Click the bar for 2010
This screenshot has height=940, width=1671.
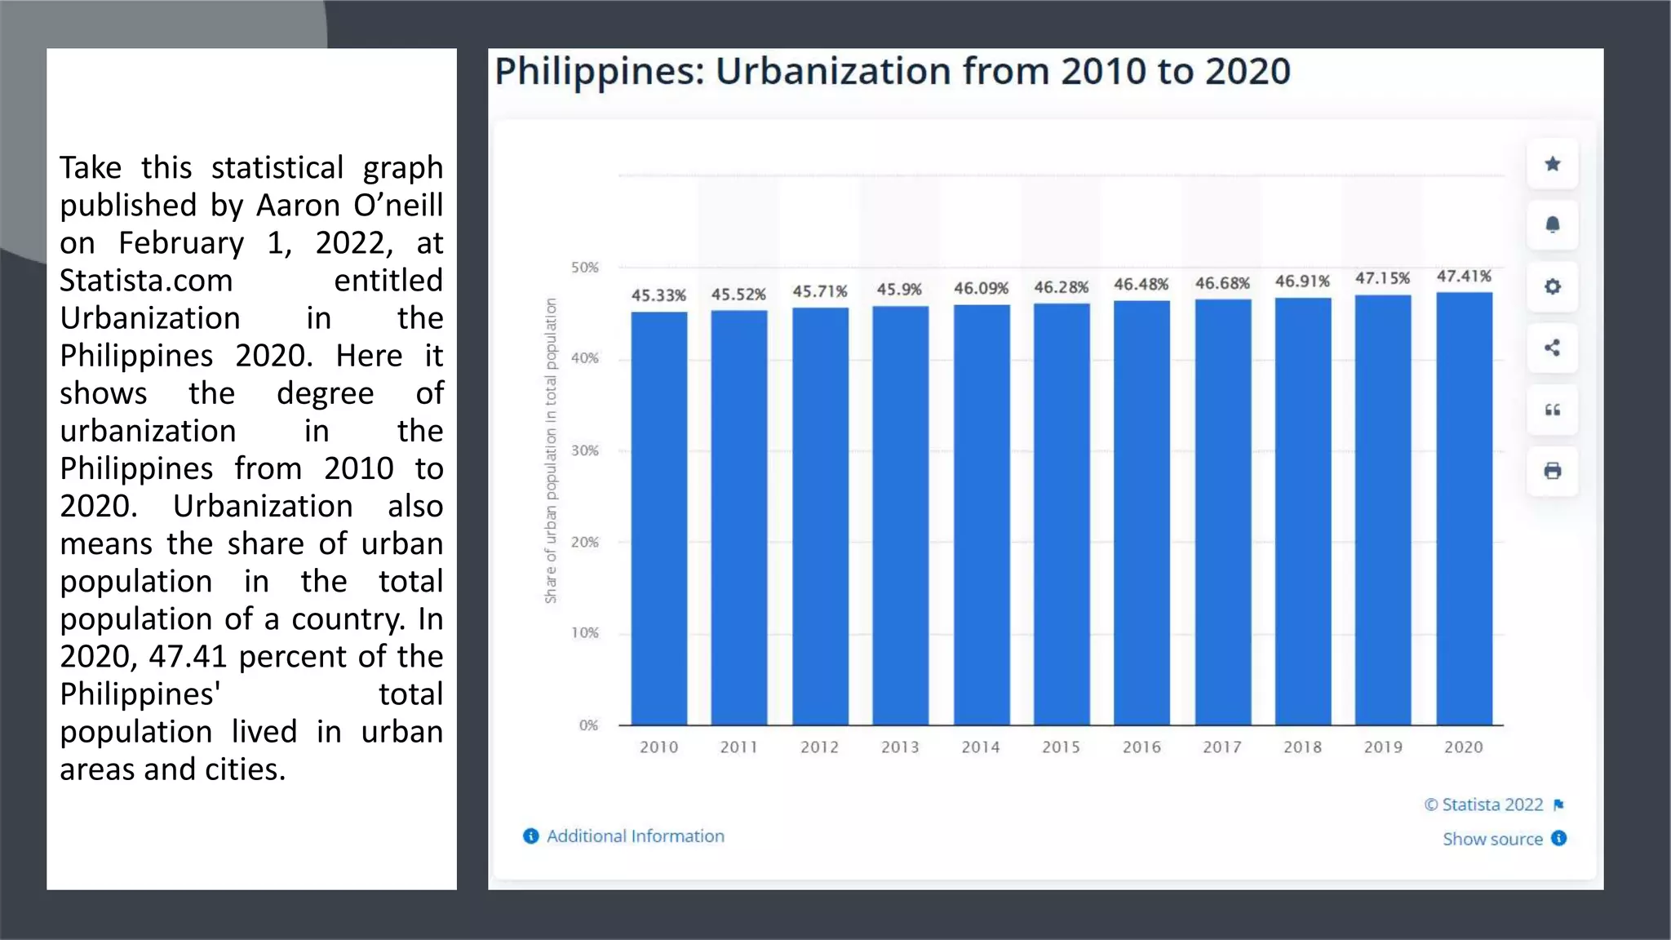658,518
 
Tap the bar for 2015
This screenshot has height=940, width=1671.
1061,514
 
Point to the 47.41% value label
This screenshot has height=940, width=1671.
1464,277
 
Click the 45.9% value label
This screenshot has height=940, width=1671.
899,290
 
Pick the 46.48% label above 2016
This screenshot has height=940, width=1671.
1141,285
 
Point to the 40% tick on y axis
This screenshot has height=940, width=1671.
584,358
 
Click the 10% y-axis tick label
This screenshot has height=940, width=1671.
584,633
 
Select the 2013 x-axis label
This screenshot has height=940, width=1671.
899,747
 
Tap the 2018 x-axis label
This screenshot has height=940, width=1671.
1302,747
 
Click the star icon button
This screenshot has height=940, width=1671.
1552,164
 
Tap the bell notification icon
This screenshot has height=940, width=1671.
1552,225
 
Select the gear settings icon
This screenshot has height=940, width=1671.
1552,286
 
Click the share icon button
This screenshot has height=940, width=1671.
1552,348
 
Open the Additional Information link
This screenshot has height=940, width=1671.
634,836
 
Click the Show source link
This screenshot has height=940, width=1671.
1492,839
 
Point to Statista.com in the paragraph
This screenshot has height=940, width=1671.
146,281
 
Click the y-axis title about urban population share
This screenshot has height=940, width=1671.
551,450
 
